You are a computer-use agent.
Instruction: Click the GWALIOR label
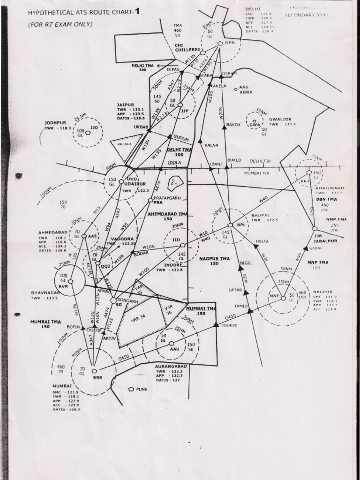279,119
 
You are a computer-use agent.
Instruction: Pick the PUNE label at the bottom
141,389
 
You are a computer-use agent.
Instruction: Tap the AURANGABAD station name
171,365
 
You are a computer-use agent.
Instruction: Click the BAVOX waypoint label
233,125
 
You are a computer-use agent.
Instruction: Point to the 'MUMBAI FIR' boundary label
257,173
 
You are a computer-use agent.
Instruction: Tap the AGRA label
246,92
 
